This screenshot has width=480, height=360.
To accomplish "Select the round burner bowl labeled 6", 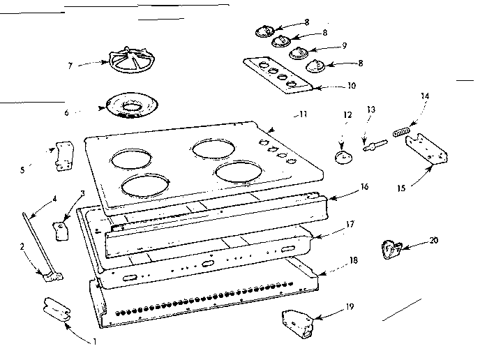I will [x=130, y=107].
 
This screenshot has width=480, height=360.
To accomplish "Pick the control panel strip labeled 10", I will [x=278, y=74].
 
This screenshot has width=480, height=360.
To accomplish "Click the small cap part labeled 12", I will [x=342, y=158].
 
